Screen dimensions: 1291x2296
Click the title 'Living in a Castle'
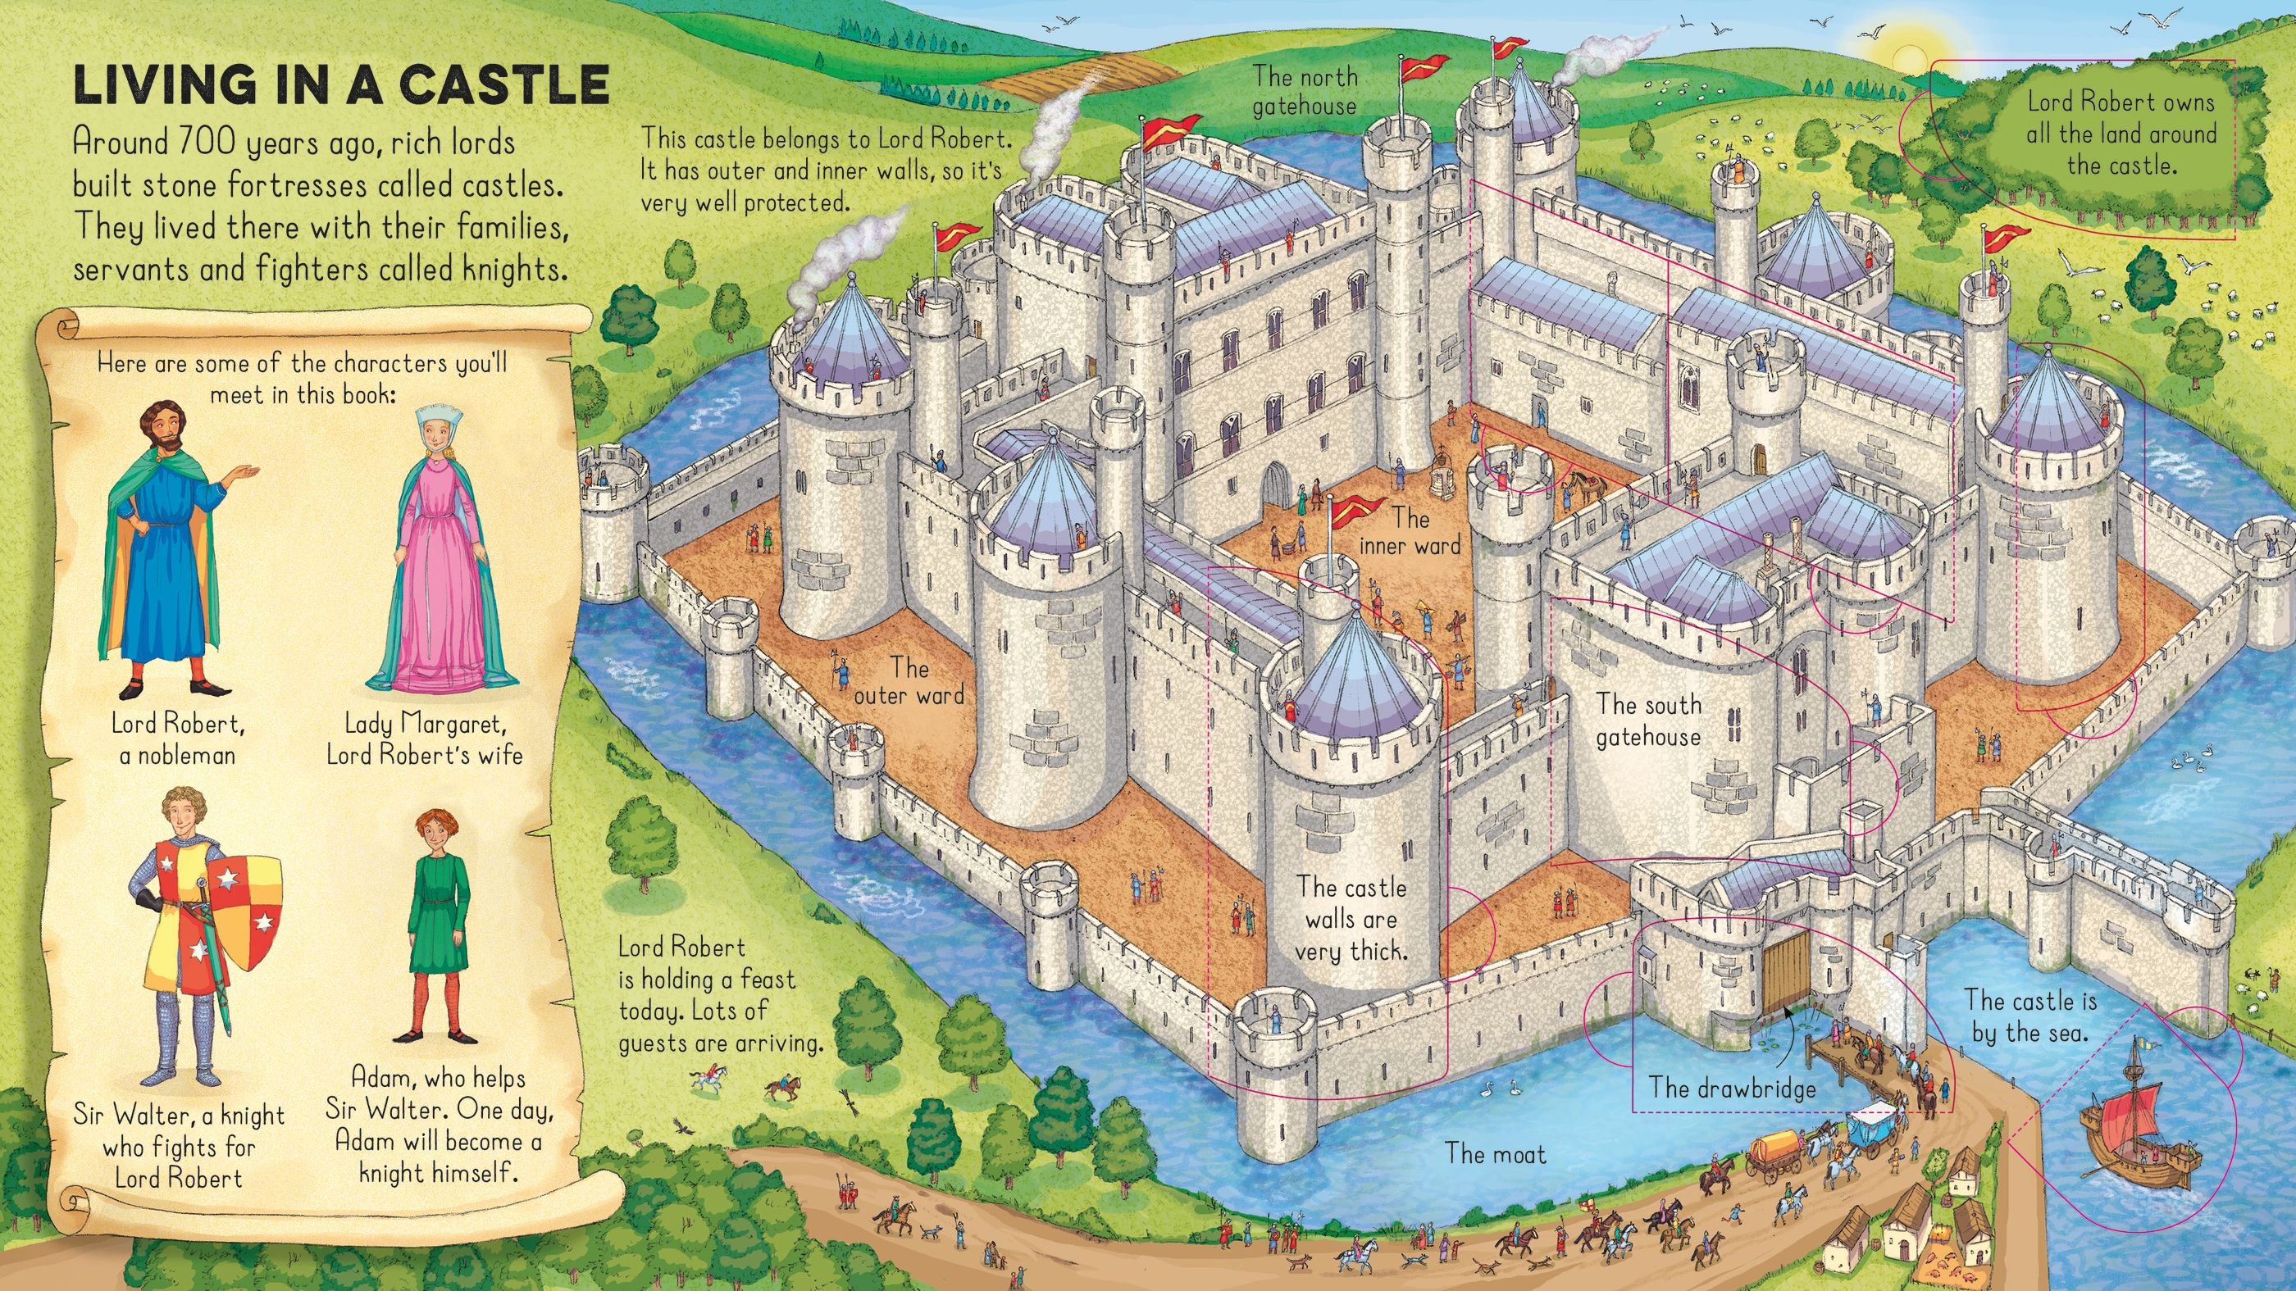341,85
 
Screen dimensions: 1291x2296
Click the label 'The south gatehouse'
1649,720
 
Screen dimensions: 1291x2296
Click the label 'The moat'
1496,1154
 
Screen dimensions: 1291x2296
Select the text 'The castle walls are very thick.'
1351,920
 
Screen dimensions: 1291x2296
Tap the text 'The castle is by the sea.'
2030,1016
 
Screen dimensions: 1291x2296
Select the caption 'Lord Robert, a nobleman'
178,739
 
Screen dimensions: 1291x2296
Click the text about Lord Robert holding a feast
720,994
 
